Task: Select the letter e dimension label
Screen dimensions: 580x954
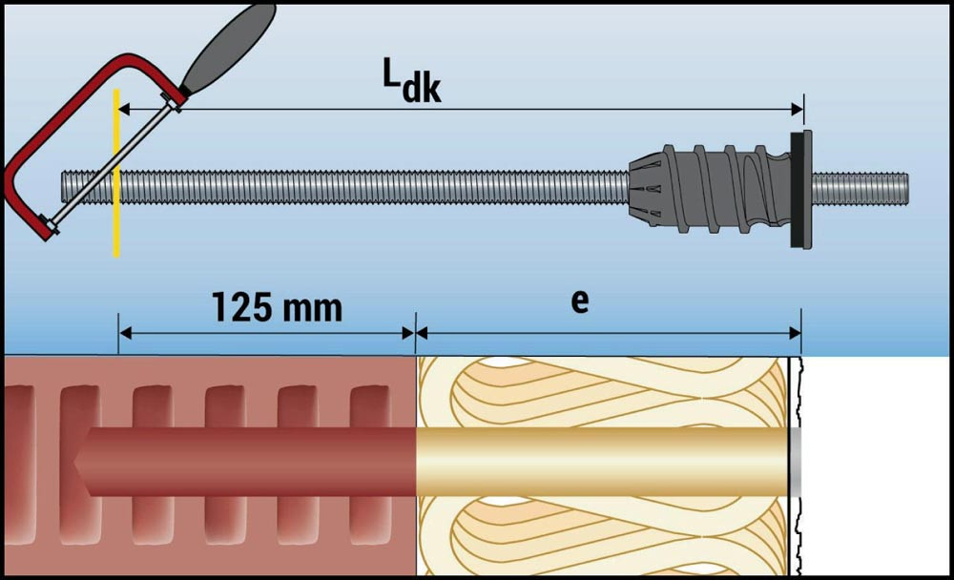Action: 579,300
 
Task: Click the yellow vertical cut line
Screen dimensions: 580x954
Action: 116,219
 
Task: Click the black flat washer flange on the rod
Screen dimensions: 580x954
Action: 800,188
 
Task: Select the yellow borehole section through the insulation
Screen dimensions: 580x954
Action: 601,461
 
